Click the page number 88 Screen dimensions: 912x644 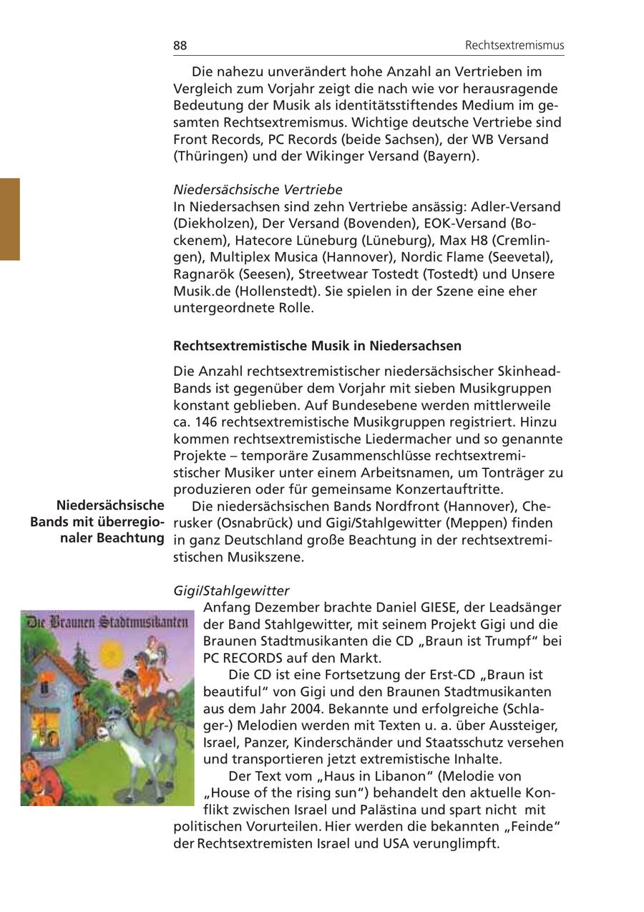180,46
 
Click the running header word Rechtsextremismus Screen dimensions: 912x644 514,46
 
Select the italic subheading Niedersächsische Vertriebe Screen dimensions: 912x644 258,190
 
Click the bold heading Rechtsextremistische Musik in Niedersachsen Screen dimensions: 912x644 317,346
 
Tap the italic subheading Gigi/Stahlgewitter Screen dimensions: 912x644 231,591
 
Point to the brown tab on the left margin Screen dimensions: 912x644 10,219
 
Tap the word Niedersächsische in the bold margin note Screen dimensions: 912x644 110,506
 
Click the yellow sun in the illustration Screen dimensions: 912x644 111,653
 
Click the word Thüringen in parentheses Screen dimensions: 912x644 209,156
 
